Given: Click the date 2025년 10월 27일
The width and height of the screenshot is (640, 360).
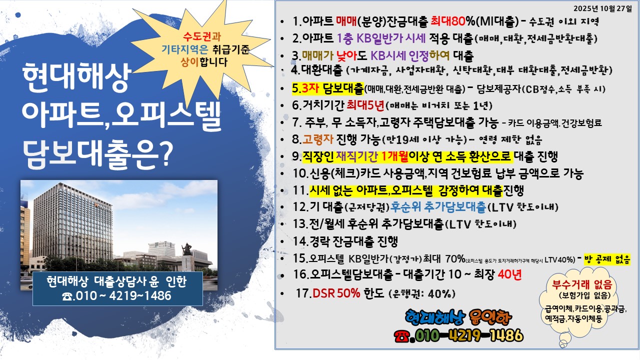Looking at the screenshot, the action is click(x=602, y=8).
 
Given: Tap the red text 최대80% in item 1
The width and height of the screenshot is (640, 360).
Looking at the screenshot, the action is click(x=453, y=21).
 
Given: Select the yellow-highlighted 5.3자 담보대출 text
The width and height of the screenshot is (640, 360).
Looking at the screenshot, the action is click(x=327, y=88).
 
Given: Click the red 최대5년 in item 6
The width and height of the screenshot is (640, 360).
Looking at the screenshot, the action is click(x=365, y=105).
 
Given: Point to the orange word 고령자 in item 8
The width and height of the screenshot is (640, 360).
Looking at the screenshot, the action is click(x=317, y=139).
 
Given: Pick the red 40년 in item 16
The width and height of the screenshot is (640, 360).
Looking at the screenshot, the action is click(x=509, y=274).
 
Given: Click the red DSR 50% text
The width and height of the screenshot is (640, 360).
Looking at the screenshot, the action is click(x=336, y=293).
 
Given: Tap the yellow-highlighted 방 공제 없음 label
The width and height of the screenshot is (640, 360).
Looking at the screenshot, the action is click(x=607, y=259).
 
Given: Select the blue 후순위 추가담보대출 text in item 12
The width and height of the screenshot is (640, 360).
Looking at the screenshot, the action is click(x=437, y=207).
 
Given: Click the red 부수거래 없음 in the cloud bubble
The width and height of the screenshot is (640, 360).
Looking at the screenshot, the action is click(x=581, y=284).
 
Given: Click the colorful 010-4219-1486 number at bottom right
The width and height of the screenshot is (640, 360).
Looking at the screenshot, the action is click(x=468, y=335).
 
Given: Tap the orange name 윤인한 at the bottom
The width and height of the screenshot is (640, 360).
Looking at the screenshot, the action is click(x=488, y=317).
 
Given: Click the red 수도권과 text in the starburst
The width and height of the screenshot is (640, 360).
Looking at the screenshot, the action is click(x=202, y=36).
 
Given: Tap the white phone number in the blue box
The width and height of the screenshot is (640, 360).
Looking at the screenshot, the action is click(x=116, y=296).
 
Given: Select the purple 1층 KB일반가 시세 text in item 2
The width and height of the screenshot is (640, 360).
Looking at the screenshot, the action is click(x=381, y=38).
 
